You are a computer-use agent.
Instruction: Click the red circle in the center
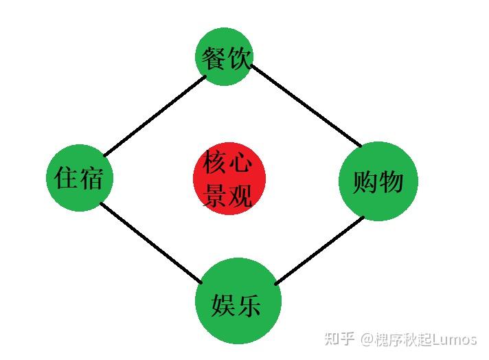(229, 179)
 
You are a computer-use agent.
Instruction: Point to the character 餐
(214, 58)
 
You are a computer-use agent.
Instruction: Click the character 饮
(238, 58)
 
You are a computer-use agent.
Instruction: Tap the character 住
(67, 179)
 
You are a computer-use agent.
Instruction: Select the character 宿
(91, 179)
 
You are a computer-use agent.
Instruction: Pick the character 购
(365, 182)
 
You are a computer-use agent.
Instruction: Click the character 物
(389, 182)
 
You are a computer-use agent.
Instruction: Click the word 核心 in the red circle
(228, 164)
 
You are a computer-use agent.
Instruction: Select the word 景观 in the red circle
(228, 195)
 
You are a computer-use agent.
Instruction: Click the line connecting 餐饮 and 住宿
(155, 115)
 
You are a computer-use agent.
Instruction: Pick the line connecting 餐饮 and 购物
(306, 105)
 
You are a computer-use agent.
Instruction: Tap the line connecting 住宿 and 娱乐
(151, 243)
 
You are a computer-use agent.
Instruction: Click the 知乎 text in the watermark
(339, 339)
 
